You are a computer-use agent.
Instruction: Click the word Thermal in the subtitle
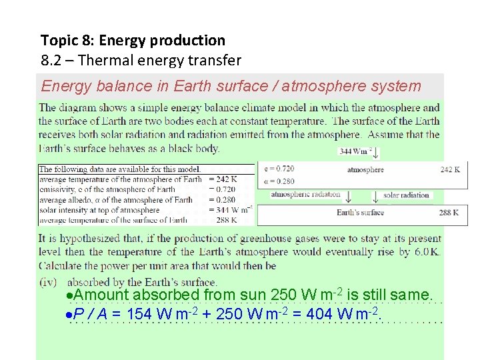point(107,61)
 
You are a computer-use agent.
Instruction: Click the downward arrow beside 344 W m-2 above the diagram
point(376,153)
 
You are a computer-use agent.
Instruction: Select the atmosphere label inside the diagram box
point(365,170)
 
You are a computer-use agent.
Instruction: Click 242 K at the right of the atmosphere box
point(450,170)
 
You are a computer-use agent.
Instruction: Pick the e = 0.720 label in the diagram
point(279,169)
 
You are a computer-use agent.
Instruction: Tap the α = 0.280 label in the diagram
point(279,180)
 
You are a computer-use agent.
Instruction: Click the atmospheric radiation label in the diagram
point(305,195)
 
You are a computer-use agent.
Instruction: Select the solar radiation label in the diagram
point(405,195)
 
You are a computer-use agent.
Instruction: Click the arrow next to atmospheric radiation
point(348,197)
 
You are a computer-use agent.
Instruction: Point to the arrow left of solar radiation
point(376,197)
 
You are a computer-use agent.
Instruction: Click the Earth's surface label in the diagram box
point(361,213)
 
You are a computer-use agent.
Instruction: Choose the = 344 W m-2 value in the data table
point(231,210)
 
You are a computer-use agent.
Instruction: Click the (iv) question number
point(48,282)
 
